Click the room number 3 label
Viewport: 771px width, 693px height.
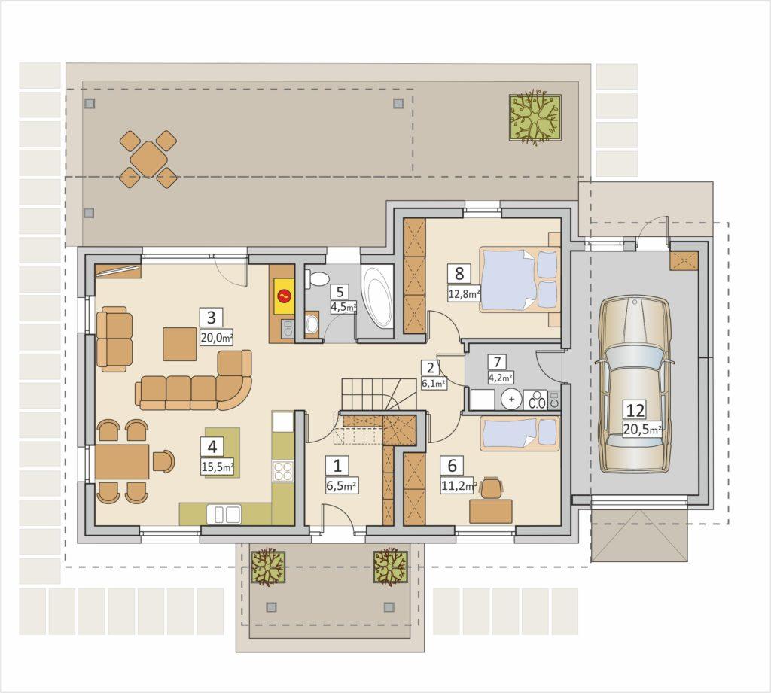pos(212,318)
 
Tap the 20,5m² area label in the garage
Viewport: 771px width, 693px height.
pos(642,429)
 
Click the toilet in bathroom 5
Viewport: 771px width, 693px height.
pos(318,279)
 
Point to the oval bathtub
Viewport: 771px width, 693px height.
pos(377,298)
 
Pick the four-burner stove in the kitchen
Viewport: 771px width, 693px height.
pos(283,470)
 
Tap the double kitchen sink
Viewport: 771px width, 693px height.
pos(224,514)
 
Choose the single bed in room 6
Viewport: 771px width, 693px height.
pos(520,433)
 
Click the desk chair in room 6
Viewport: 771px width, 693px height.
pos(492,488)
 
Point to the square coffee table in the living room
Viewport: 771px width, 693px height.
pos(181,344)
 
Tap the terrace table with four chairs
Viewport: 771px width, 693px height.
pos(148,159)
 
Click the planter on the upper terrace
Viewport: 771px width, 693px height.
pos(535,117)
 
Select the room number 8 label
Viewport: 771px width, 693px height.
pos(459,273)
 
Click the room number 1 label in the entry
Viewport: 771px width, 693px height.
pos(337,465)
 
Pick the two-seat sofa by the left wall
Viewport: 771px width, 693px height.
pos(115,339)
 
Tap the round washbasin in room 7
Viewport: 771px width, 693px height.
pos(512,399)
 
